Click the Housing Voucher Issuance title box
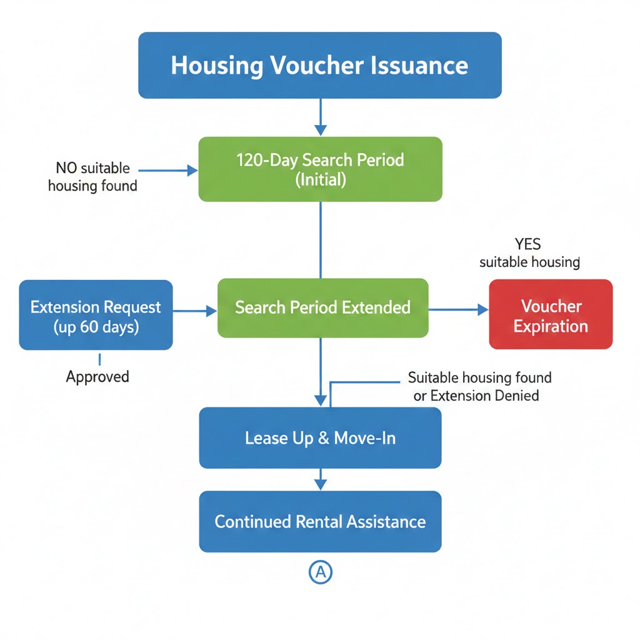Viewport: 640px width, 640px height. click(x=319, y=66)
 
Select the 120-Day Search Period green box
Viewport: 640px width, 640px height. click(x=320, y=169)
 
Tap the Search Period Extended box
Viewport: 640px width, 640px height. click(x=322, y=307)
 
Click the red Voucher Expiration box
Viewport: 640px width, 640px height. click(x=551, y=314)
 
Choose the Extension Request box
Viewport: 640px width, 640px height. click(x=96, y=315)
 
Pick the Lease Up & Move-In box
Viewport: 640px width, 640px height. click(x=320, y=438)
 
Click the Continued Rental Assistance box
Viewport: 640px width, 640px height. click(x=320, y=522)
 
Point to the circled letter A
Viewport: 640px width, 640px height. click(x=321, y=572)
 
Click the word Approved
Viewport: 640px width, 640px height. click(x=97, y=377)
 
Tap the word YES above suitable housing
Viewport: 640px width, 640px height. click(x=527, y=244)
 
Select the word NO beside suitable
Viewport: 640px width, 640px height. click(x=68, y=168)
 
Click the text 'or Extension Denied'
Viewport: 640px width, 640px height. click(x=476, y=396)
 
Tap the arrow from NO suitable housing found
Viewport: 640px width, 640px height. click(x=164, y=169)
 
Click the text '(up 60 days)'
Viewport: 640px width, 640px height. click(x=96, y=327)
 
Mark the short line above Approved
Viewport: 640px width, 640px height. click(x=99, y=359)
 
